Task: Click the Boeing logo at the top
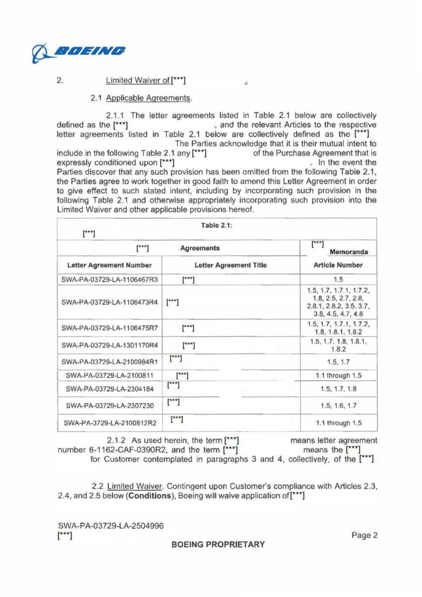coord(79,53)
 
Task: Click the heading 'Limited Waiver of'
coord(138,80)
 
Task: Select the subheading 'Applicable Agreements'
coord(148,98)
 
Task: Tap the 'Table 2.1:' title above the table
coord(216,225)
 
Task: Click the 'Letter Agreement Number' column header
coord(109,265)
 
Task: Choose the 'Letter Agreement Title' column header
coord(230,265)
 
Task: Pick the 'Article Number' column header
coord(338,265)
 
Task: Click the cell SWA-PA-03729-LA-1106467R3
coord(109,279)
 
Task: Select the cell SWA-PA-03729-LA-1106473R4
coord(109,302)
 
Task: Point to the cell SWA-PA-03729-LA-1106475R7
coord(109,328)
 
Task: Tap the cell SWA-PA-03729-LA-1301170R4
coord(109,345)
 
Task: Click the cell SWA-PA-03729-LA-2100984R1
coord(109,362)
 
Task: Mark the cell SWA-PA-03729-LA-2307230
coord(110,405)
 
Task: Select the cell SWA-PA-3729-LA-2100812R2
coord(110,423)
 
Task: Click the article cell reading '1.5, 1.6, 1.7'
coord(338,405)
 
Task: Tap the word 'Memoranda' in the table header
coord(349,252)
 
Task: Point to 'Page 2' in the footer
coord(364,535)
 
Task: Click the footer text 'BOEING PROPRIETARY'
coord(218,545)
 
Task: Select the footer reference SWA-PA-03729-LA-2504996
coord(111,526)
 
